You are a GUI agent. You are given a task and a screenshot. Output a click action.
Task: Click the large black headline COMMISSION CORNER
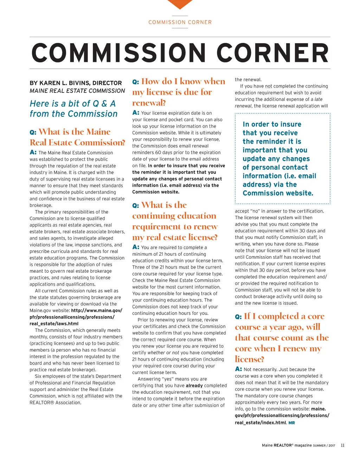[x=180, y=53]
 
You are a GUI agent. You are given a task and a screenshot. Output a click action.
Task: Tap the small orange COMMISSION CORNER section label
[x=180, y=22]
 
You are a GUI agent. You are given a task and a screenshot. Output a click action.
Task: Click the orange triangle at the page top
[x=180, y=4]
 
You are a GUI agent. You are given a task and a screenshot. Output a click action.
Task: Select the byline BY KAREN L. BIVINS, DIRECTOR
[x=76, y=83]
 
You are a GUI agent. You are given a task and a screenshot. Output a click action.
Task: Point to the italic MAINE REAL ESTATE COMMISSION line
[x=77, y=91]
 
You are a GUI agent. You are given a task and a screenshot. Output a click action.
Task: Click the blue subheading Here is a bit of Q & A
[x=73, y=104]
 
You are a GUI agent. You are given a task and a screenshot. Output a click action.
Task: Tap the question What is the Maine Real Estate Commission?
[x=77, y=137]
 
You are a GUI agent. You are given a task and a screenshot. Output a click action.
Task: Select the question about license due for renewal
[x=179, y=92]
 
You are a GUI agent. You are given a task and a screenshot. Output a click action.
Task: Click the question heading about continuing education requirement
[x=175, y=221]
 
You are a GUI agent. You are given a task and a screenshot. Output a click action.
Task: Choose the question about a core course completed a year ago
[x=282, y=337]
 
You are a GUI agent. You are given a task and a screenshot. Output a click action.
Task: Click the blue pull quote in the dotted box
[x=279, y=158]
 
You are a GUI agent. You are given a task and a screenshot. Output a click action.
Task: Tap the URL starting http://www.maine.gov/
[x=96, y=310]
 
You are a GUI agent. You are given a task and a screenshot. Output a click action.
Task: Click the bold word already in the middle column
[x=194, y=386]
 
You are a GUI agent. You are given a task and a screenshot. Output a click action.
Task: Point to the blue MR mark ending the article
[x=291, y=423]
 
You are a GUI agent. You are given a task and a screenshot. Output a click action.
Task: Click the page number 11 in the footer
[x=342, y=445]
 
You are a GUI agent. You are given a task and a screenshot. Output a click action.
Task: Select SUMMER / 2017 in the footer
[x=324, y=445]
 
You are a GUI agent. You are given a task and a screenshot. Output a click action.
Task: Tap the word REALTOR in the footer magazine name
[x=283, y=445]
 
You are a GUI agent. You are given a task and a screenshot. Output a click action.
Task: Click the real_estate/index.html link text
[x=260, y=422]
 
